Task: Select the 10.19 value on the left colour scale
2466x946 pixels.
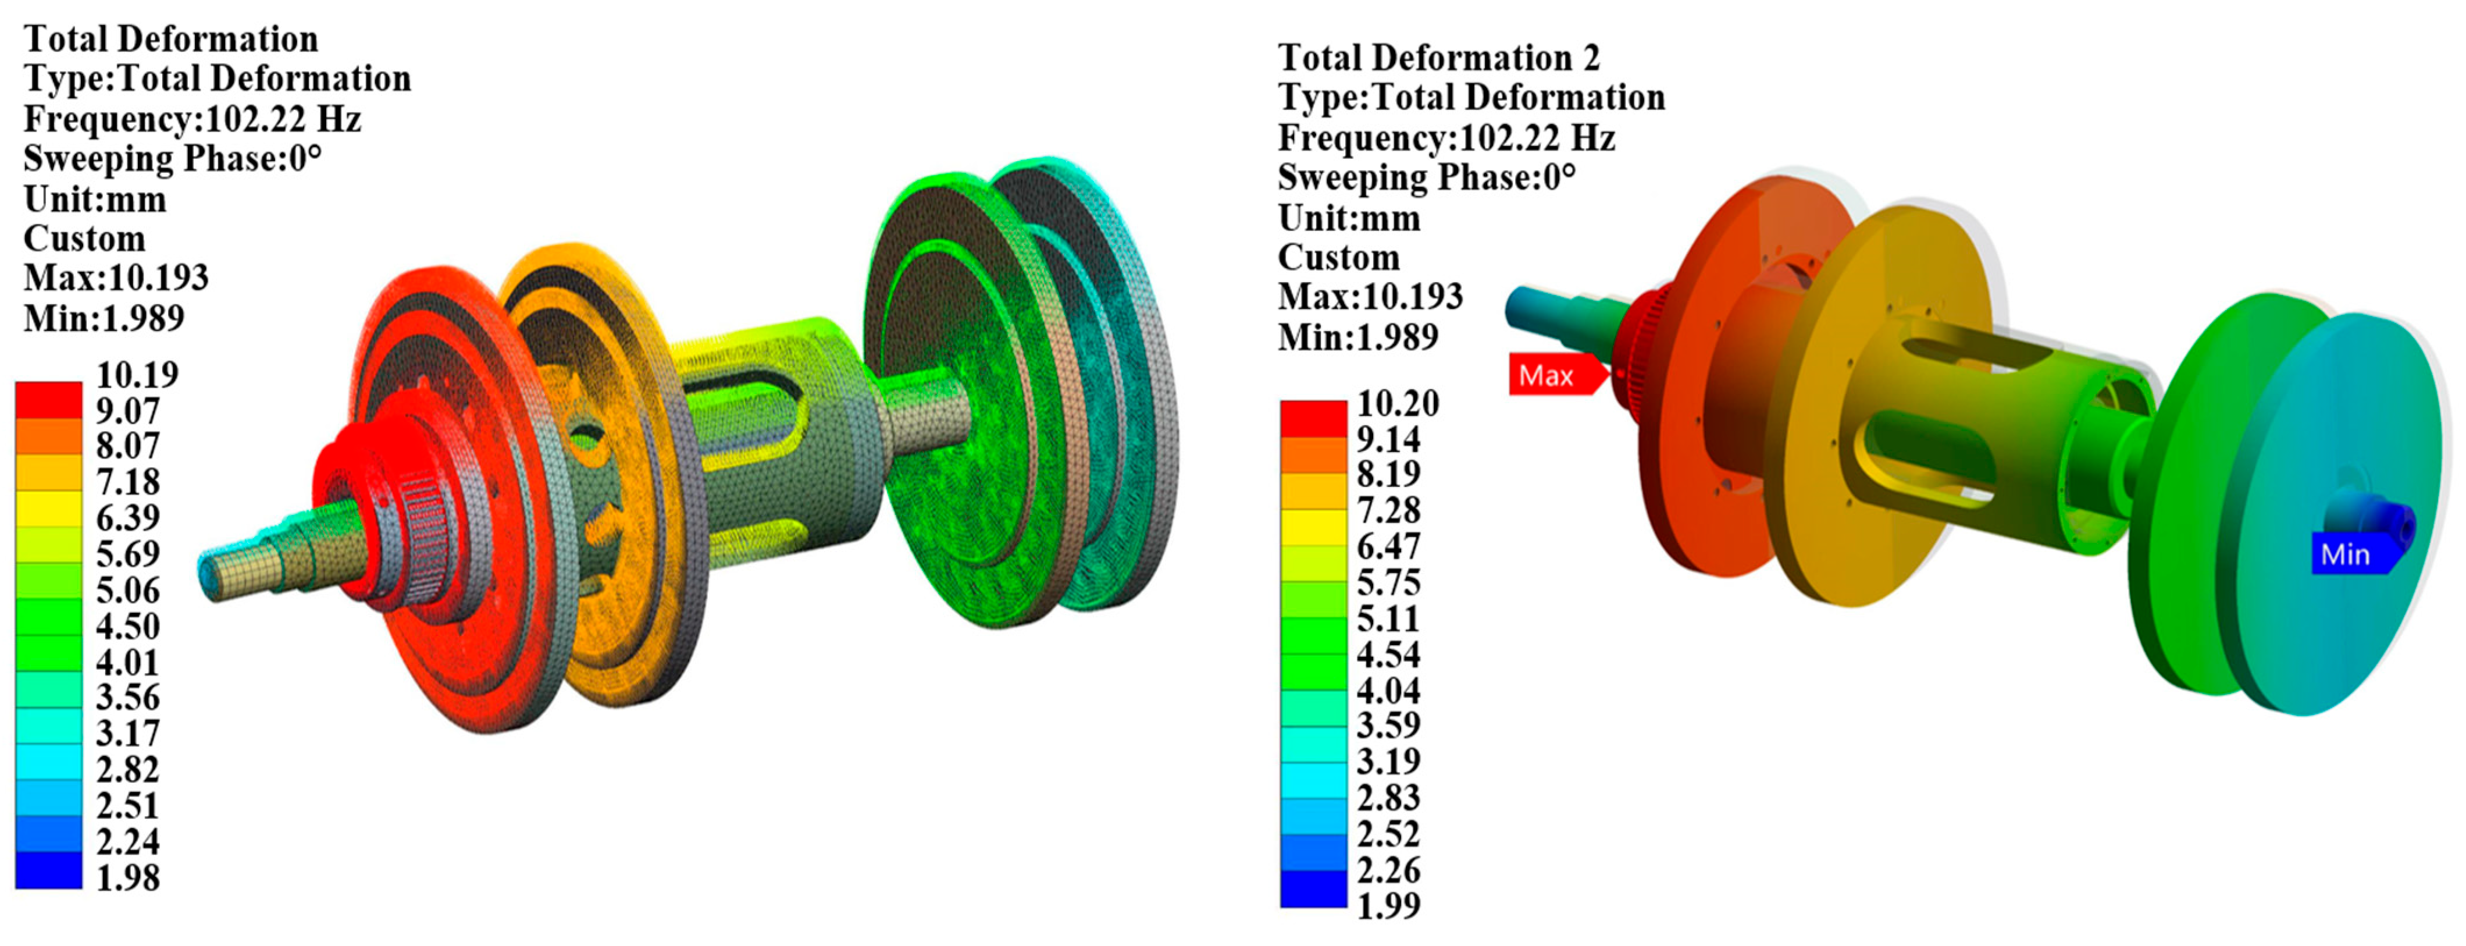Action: coord(137,374)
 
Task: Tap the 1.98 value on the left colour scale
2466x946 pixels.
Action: coord(127,878)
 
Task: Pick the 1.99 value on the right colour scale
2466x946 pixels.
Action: coord(1388,905)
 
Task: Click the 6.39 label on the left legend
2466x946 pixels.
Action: coord(127,518)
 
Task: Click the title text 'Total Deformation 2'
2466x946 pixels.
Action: coord(1439,58)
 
